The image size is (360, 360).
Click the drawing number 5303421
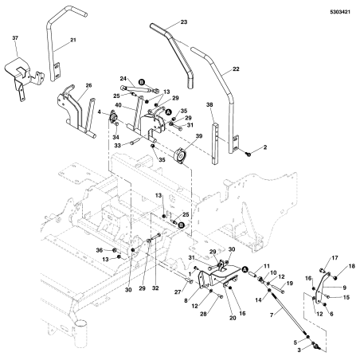point(340,12)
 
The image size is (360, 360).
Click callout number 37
point(15,38)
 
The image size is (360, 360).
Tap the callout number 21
point(73,40)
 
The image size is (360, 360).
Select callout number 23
point(184,22)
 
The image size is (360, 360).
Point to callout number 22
point(236,68)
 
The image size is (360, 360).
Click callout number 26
point(88,85)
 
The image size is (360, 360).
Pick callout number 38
point(209,104)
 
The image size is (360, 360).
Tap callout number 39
point(199,136)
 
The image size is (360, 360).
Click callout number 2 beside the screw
point(264,147)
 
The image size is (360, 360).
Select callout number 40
point(118,105)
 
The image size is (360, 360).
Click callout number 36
point(100,250)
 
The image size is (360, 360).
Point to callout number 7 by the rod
point(272,315)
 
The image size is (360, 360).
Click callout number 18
point(352,266)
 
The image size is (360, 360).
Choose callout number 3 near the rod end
point(299,350)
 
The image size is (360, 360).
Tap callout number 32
point(155,288)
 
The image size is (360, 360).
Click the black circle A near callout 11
point(245,269)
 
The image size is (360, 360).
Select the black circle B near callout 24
point(142,83)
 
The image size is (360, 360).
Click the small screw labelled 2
point(248,154)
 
